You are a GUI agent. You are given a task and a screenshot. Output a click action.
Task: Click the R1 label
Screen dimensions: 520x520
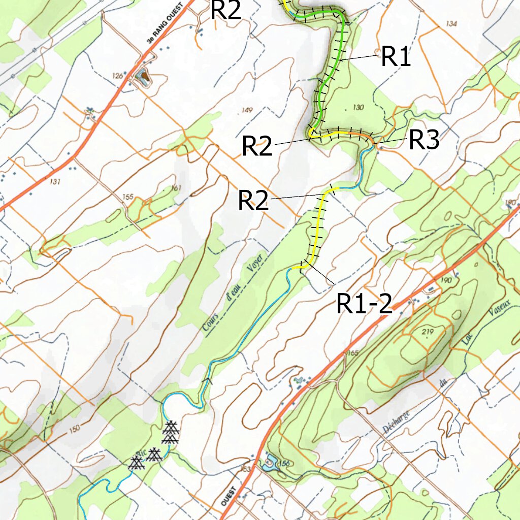pyautogui.click(x=396, y=57)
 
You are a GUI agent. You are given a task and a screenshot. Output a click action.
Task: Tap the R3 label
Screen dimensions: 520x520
pyautogui.click(x=424, y=140)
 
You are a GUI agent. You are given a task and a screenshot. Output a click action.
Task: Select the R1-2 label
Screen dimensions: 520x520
pyautogui.click(x=364, y=304)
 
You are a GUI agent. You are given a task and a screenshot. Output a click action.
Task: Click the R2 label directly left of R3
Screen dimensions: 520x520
pyautogui.click(x=257, y=147)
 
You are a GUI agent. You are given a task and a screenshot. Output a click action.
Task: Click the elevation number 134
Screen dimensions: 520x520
pyautogui.click(x=450, y=24)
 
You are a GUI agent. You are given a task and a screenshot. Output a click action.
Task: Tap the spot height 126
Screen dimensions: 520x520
pyautogui.click(x=118, y=76)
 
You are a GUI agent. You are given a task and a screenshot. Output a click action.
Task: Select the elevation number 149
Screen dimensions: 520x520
pyautogui.click(x=247, y=110)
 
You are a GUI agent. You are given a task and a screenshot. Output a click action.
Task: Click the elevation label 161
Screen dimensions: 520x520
pyautogui.click(x=176, y=188)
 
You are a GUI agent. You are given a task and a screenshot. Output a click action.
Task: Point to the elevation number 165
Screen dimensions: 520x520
pyautogui.click(x=352, y=352)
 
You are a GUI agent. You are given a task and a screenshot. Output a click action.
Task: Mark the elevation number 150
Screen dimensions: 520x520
pyautogui.click(x=74, y=429)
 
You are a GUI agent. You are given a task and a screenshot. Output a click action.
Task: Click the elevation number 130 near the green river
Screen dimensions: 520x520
pyautogui.click(x=358, y=107)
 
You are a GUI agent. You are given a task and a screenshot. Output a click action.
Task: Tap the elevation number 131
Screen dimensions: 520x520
pyautogui.click(x=55, y=182)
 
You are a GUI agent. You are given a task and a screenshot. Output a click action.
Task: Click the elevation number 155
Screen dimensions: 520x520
pyautogui.click(x=128, y=197)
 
